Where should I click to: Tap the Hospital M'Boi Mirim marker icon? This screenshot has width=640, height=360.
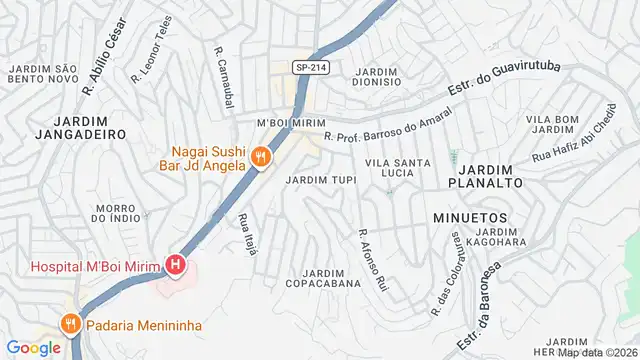pyautogui.click(x=176, y=265)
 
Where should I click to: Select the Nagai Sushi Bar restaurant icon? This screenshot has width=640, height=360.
pyautogui.click(x=260, y=156)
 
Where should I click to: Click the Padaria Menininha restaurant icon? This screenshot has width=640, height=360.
pyautogui.click(x=69, y=323)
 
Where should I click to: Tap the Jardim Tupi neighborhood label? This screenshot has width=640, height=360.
pyautogui.click(x=320, y=180)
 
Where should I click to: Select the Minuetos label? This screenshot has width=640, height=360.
pyautogui.click(x=470, y=217)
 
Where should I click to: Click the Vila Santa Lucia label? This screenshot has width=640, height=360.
pyautogui.click(x=398, y=168)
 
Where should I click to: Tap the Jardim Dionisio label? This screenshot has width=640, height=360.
pyautogui.click(x=377, y=78)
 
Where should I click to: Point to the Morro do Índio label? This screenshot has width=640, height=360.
pyautogui.click(x=116, y=213)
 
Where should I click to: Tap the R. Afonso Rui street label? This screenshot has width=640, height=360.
pyautogui.click(x=372, y=259)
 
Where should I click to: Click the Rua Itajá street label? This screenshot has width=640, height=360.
pyautogui.click(x=248, y=234)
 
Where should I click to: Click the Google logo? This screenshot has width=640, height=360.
pyautogui.click(x=34, y=347)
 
